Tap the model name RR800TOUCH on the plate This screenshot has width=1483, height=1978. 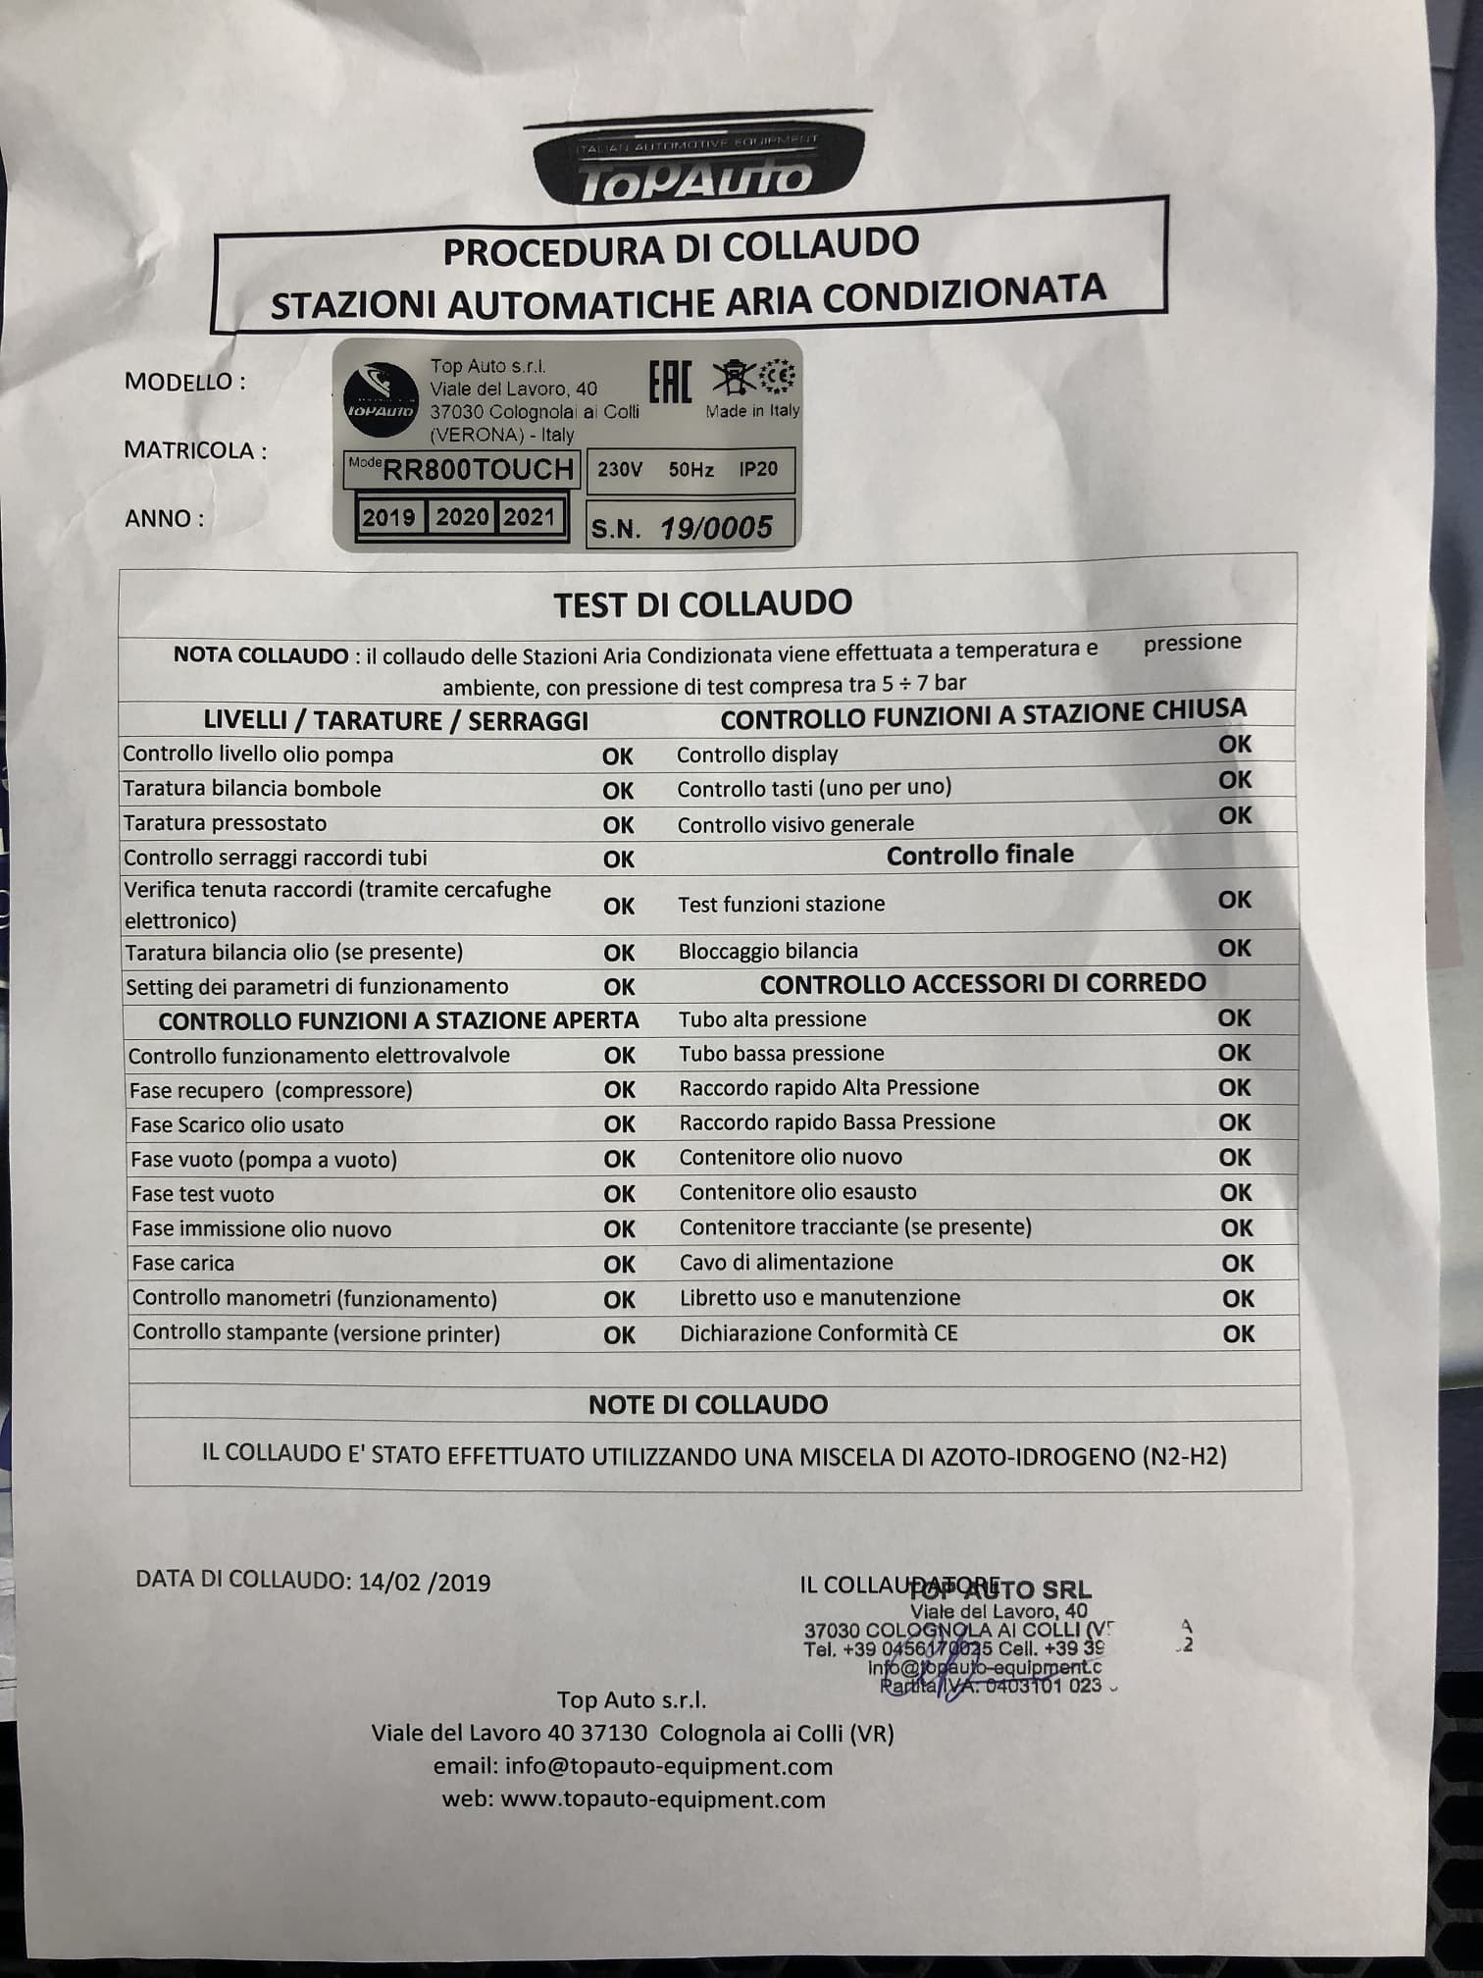pos(477,470)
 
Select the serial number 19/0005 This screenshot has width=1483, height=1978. pos(716,529)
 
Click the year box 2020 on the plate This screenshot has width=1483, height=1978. pos(462,517)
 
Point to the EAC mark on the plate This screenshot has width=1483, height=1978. pos(671,382)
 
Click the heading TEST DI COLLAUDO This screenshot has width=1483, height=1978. pos(702,603)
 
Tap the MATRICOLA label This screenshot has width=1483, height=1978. pos(195,450)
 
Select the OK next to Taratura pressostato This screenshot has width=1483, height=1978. pos(618,825)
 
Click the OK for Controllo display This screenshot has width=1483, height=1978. pos(1235,745)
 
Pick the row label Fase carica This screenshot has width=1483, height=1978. pos(183,1263)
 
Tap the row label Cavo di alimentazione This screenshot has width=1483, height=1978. pos(787,1262)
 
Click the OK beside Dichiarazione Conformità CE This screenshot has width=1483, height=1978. pos(1239,1333)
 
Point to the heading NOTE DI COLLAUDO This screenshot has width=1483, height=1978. pos(708,1404)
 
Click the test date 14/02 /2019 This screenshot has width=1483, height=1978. pos(425,1582)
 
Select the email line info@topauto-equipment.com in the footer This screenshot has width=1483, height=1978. pos(633,1766)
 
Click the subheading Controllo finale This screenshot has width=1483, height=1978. pos(980,855)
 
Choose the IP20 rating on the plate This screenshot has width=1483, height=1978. pos(758,469)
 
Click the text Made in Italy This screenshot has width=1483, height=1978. pos(753,411)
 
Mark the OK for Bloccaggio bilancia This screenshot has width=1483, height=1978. pos(1234,948)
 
